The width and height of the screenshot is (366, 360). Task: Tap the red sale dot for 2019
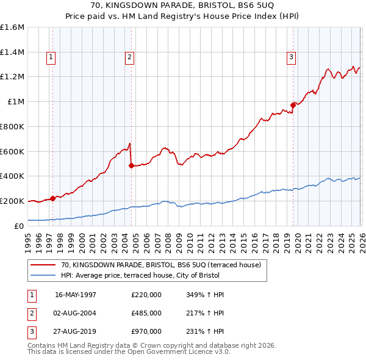pos(293,105)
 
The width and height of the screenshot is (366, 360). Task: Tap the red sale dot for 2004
pos(131,165)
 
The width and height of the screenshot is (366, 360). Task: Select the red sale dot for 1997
pos(53,198)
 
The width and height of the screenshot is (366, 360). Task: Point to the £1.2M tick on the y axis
pos(12,77)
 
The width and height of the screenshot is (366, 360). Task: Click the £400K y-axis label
pos(12,176)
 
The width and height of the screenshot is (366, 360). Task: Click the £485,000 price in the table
pos(146,313)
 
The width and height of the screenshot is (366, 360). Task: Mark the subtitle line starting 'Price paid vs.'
pos(183,16)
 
